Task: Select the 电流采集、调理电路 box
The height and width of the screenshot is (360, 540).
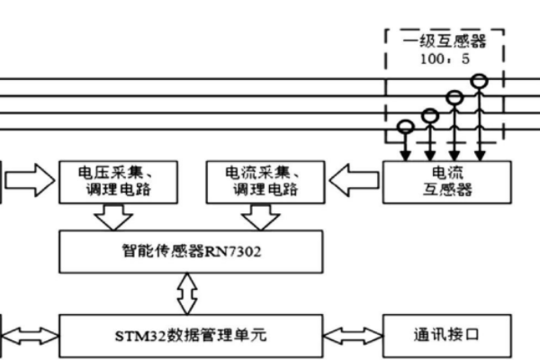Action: pyautogui.click(x=266, y=182)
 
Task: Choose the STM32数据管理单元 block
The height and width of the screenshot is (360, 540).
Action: pyautogui.click(x=190, y=335)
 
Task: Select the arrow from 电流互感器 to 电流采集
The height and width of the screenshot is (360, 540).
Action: pyautogui.click(x=355, y=182)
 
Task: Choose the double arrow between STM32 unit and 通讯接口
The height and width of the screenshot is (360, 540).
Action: pyautogui.click(x=353, y=335)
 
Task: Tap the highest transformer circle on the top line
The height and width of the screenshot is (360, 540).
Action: pyautogui.click(x=481, y=81)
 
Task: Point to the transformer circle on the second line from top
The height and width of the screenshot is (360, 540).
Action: pyautogui.click(x=455, y=97)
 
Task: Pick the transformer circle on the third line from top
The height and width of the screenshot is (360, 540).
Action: pyautogui.click(x=430, y=113)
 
